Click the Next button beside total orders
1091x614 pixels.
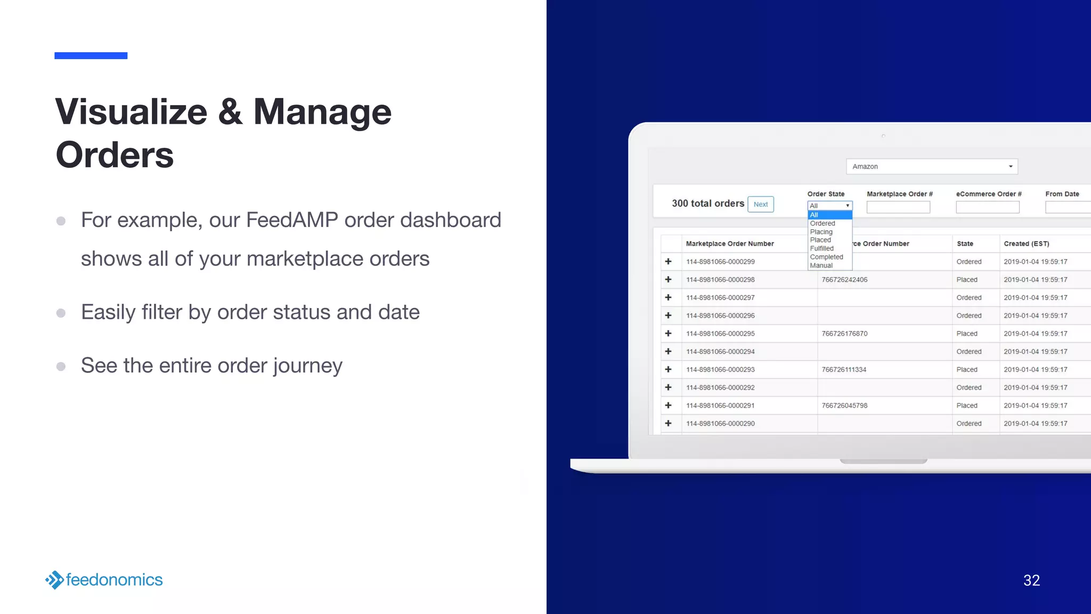pyautogui.click(x=760, y=204)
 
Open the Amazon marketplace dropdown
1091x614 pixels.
pyautogui.click(x=931, y=166)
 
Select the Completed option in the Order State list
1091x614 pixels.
pyautogui.click(x=826, y=257)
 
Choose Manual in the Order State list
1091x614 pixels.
pyautogui.click(x=821, y=265)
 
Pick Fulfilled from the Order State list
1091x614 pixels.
pyautogui.click(x=821, y=248)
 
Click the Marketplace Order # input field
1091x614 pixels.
pyautogui.click(x=898, y=207)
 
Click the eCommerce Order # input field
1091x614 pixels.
pyautogui.click(x=987, y=207)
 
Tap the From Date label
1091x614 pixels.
pyautogui.click(x=1062, y=194)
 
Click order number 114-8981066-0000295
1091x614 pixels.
pyautogui.click(x=720, y=334)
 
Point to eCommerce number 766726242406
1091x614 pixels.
pyautogui.click(x=844, y=280)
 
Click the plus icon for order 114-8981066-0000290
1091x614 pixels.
pyautogui.click(x=668, y=423)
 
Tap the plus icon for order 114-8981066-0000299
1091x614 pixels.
pyautogui.click(x=668, y=262)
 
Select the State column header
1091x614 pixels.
pyautogui.click(x=965, y=244)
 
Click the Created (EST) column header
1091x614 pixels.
pyautogui.click(x=1026, y=244)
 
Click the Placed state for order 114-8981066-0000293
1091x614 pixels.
pyautogui.click(x=966, y=369)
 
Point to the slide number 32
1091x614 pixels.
pyautogui.click(x=1031, y=580)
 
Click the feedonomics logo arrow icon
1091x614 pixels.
pyautogui.click(x=54, y=580)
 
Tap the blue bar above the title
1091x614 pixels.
pyautogui.click(x=91, y=55)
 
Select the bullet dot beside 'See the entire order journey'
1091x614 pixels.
pyautogui.click(x=61, y=366)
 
